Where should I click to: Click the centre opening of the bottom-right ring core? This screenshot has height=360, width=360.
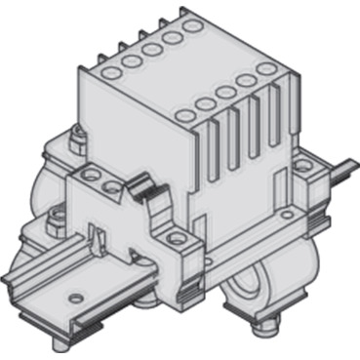click(252, 285)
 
